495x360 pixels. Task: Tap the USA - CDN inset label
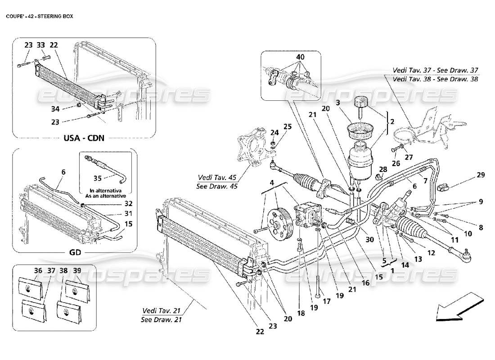click(x=84, y=138)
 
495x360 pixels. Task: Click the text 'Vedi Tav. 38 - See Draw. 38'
click(x=435, y=78)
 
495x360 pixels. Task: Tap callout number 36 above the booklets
click(x=25, y=271)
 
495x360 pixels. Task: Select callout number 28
click(x=382, y=169)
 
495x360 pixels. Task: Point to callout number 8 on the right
click(x=481, y=228)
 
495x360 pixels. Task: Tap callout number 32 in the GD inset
click(x=117, y=204)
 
